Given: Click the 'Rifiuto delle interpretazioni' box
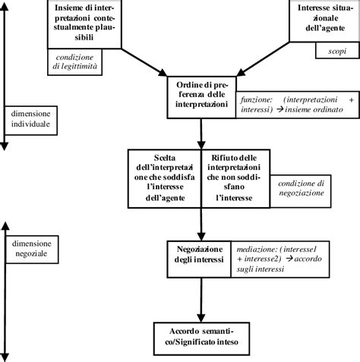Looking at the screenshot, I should click(236, 177).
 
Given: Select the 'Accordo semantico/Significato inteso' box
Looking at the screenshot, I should click(201, 335).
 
